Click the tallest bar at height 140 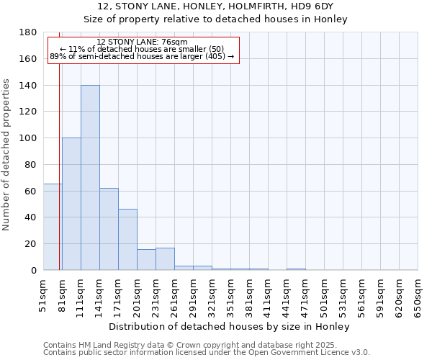90,178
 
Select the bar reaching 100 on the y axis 71,204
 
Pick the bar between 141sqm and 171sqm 109,229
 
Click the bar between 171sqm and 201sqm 127,240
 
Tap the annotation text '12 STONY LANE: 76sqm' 142,42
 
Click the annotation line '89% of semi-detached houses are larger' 142,56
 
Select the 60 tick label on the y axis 32,191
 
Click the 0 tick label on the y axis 35,270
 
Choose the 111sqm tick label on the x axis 81,294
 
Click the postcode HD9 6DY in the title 314,6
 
